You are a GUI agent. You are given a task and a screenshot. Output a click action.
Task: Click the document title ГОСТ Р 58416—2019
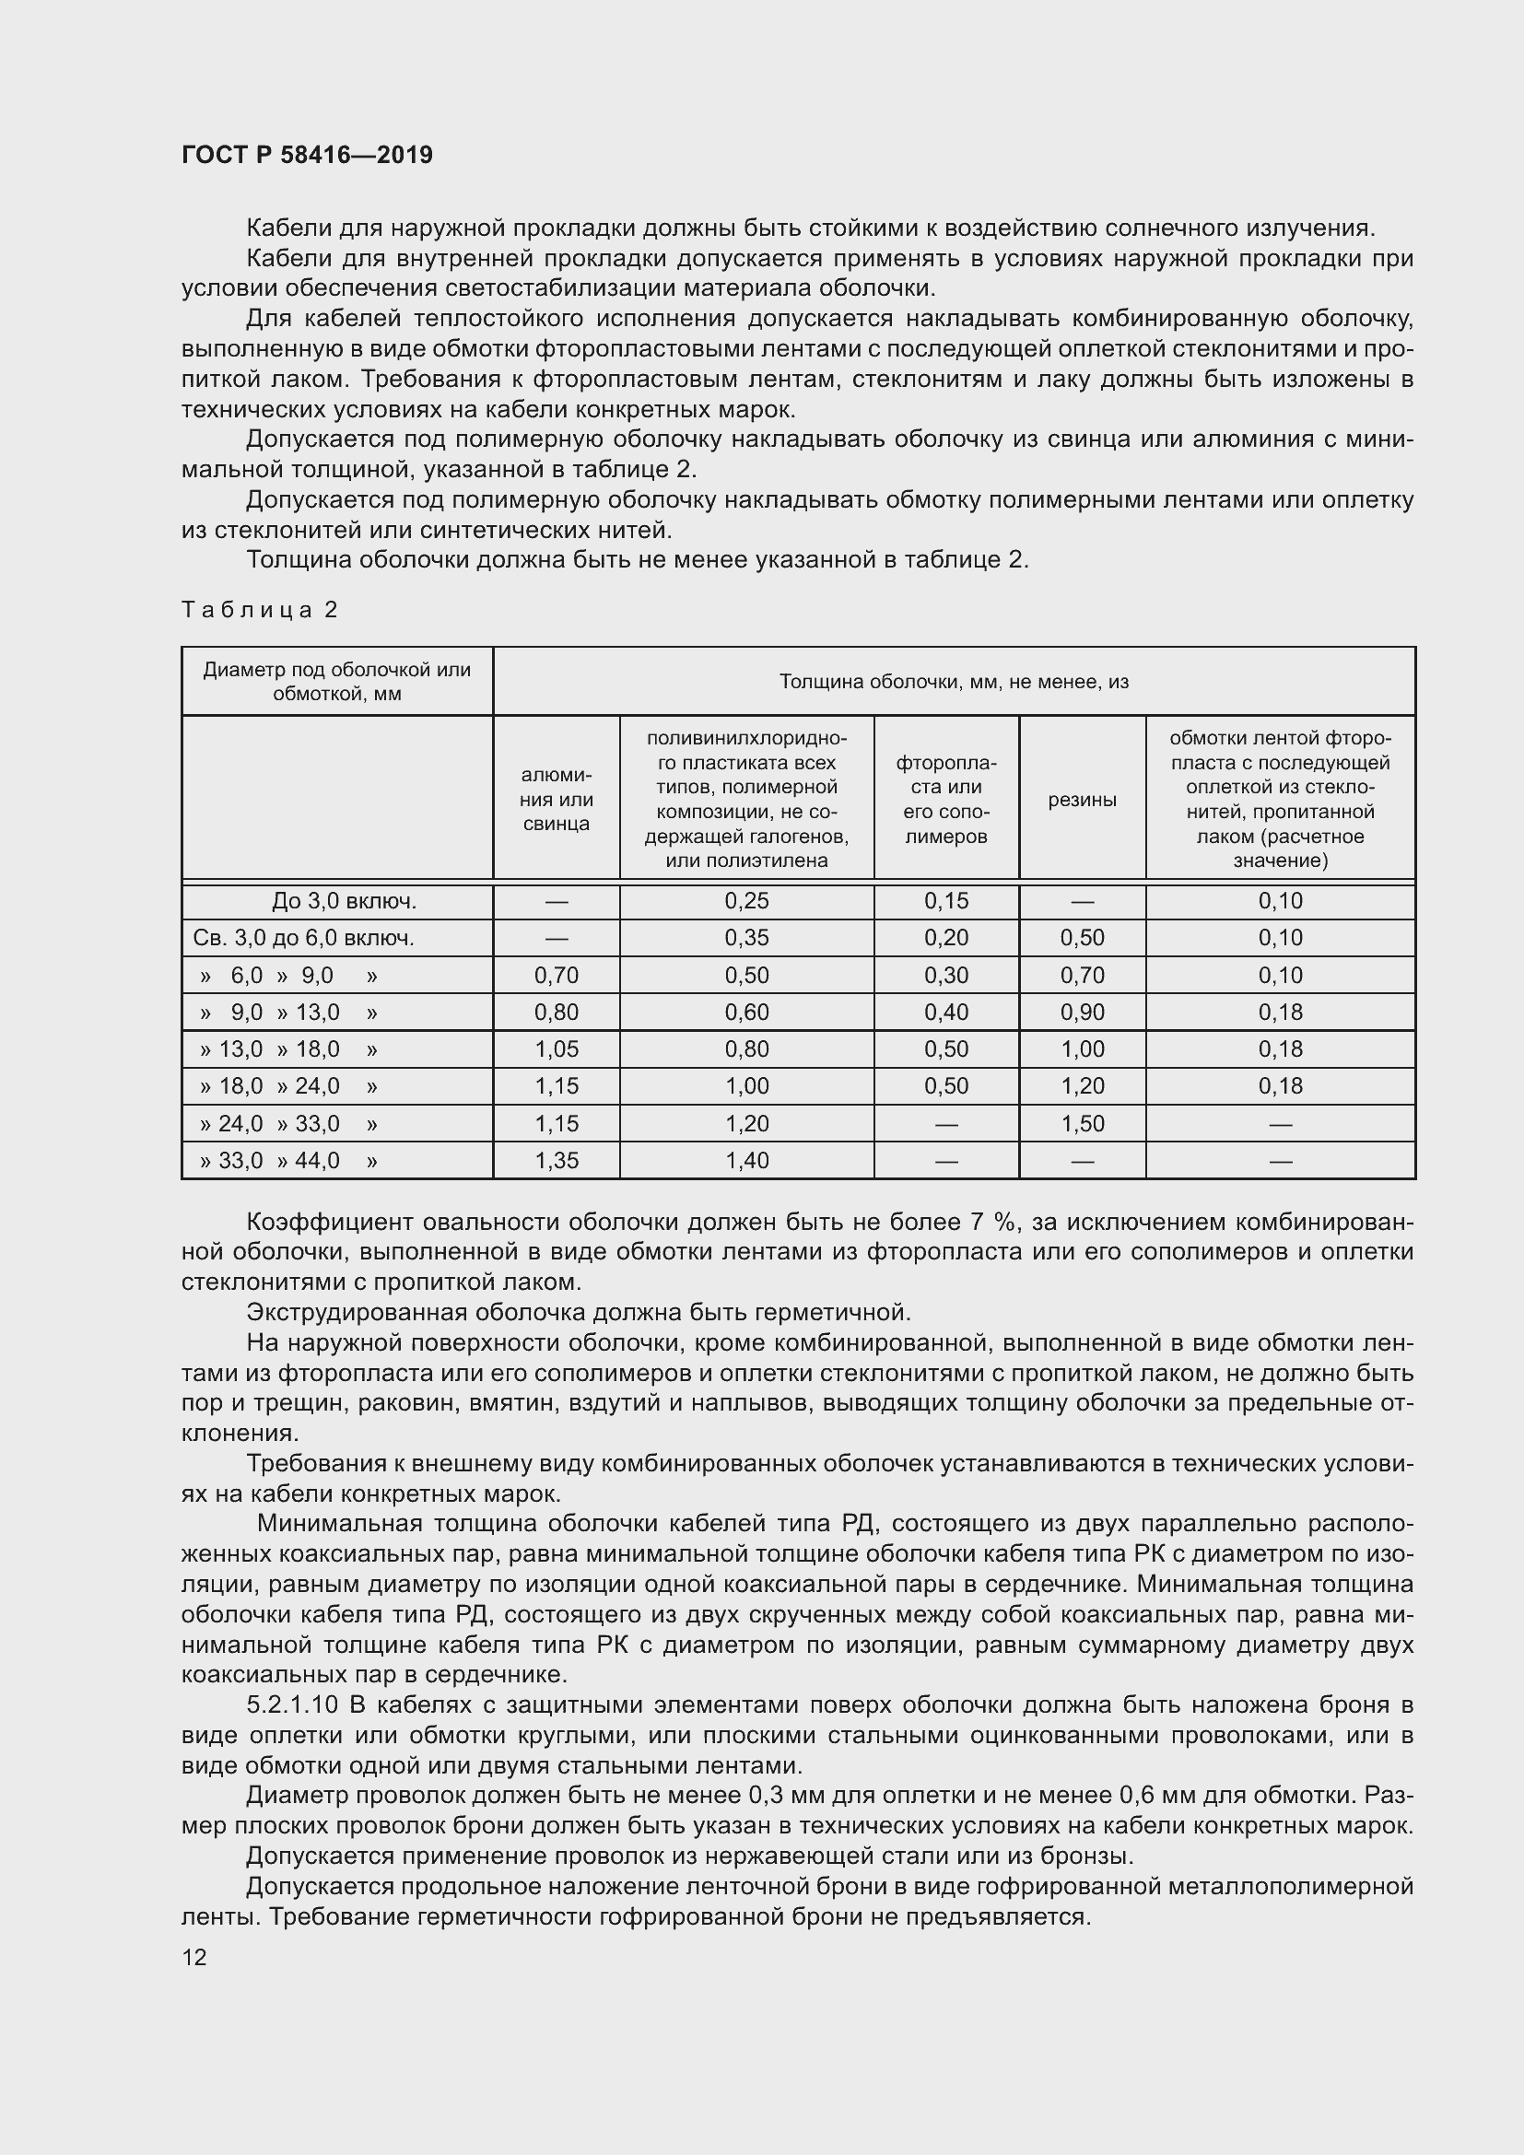click(x=307, y=155)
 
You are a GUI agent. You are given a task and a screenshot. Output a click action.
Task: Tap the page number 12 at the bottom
click(x=194, y=1957)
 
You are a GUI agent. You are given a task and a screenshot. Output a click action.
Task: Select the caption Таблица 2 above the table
click(x=259, y=610)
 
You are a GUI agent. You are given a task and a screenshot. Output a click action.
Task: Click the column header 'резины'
click(x=1082, y=800)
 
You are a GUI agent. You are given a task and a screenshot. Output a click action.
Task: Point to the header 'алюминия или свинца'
click(x=556, y=800)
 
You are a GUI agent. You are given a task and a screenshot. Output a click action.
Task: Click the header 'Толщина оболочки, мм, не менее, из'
click(x=954, y=682)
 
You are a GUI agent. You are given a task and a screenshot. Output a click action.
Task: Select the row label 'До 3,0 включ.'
click(x=344, y=901)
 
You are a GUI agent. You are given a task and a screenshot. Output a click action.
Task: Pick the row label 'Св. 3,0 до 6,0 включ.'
click(x=303, y=938)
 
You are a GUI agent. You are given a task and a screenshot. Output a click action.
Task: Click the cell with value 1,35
click(x=557, y=1160)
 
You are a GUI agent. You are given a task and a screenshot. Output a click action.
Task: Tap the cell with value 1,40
click(x=746, y=1160)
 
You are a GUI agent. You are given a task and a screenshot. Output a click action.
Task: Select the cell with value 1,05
click(x=557, y=1048)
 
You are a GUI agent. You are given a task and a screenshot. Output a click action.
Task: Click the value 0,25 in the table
click(x=746, y=901)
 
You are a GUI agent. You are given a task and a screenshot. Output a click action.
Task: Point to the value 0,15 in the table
click(x=946, y=901)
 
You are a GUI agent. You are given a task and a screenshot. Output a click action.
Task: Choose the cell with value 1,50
click(x=1082, y=1123)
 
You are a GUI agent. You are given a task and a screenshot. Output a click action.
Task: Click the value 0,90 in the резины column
click(x=1082, y=1012)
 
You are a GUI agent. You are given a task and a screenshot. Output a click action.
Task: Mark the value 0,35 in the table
click(x=746, y=938)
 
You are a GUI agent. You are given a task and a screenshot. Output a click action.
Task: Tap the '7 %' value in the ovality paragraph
click(x=992, y=1222)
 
